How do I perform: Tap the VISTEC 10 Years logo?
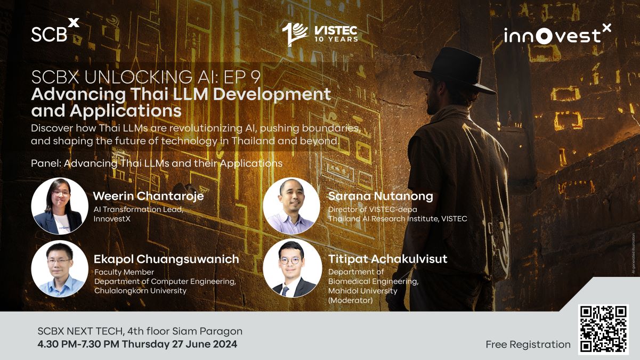click(320, 35)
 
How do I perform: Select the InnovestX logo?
click(557, 34)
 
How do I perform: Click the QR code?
click(603, 330)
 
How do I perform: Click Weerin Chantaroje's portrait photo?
click(60, 206)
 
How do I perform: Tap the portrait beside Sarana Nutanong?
click(291, 206)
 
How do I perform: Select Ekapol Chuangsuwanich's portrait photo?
click(60, 268)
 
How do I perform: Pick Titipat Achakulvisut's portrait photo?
click(292, 268)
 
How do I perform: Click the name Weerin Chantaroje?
click(148, 196)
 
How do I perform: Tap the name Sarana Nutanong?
click(380, 196)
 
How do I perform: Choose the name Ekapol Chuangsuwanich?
click(167, 259)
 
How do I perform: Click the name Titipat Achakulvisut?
click(388, 259)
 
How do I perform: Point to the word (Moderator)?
click(350, 300)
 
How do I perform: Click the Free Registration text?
click(528, 345)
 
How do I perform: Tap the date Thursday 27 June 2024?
click(180, 344)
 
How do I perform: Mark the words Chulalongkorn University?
click(140, 291)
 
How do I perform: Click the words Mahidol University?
click(362, 291)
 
